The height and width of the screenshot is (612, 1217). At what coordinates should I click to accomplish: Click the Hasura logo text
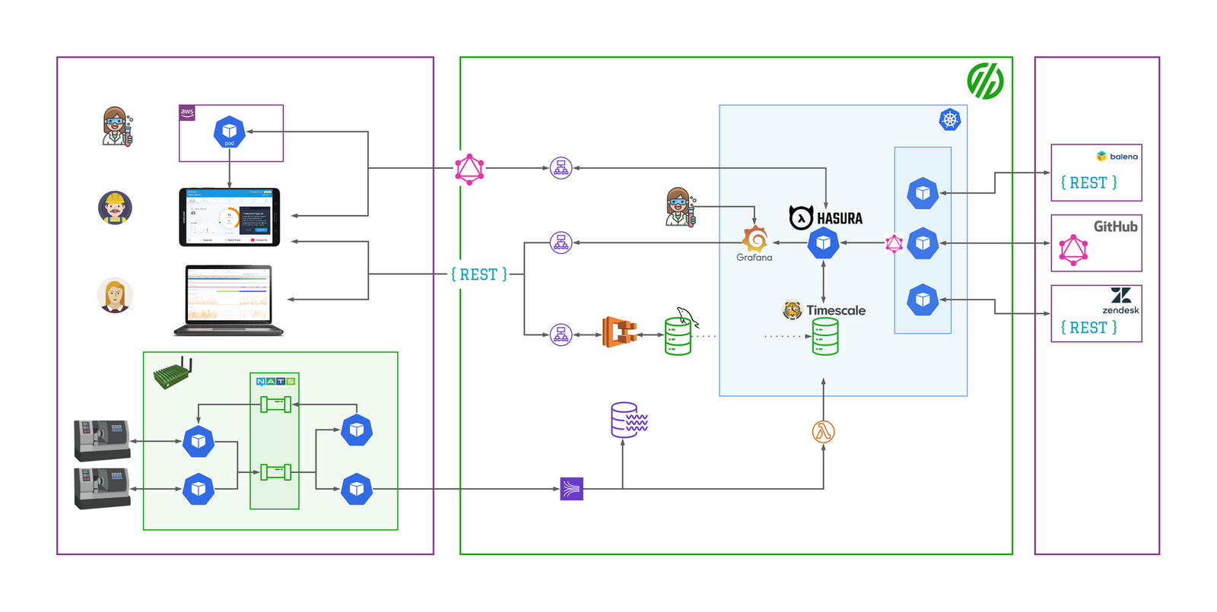click(839, 218)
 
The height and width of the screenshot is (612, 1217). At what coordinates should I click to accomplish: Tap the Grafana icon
click(755, 239)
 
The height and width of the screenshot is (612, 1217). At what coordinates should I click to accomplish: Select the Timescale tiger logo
click(793, 310)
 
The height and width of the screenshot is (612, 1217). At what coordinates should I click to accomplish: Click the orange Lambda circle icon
click(823, 432)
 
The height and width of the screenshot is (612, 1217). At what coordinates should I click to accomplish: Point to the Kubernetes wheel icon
click(950, 119)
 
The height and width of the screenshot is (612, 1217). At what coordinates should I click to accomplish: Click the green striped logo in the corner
click(985, 81)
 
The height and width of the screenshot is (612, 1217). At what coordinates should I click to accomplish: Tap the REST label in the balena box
click(1088, 183)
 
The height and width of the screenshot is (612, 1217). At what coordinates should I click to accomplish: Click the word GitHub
click(1115, 227)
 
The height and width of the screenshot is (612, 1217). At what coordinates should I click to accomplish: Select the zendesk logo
click(1120, 296)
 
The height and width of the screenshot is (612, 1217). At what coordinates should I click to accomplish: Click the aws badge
click(187, 113)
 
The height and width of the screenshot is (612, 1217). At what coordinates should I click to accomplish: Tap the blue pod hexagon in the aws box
click(229, 132)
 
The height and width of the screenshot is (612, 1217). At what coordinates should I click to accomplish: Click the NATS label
click(275, 381)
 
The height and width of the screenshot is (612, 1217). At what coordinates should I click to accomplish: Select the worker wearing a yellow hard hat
click(115, 208)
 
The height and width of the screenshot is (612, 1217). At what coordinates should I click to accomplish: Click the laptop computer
click(228, 300)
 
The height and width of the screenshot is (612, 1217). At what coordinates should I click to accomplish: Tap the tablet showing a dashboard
click(229, 217)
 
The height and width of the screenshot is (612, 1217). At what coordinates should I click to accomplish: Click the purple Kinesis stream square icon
click(571, 489)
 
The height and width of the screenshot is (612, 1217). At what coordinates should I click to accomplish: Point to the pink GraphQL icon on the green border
click(469, 169)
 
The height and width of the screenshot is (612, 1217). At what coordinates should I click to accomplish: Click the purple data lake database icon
click(628, 420)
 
